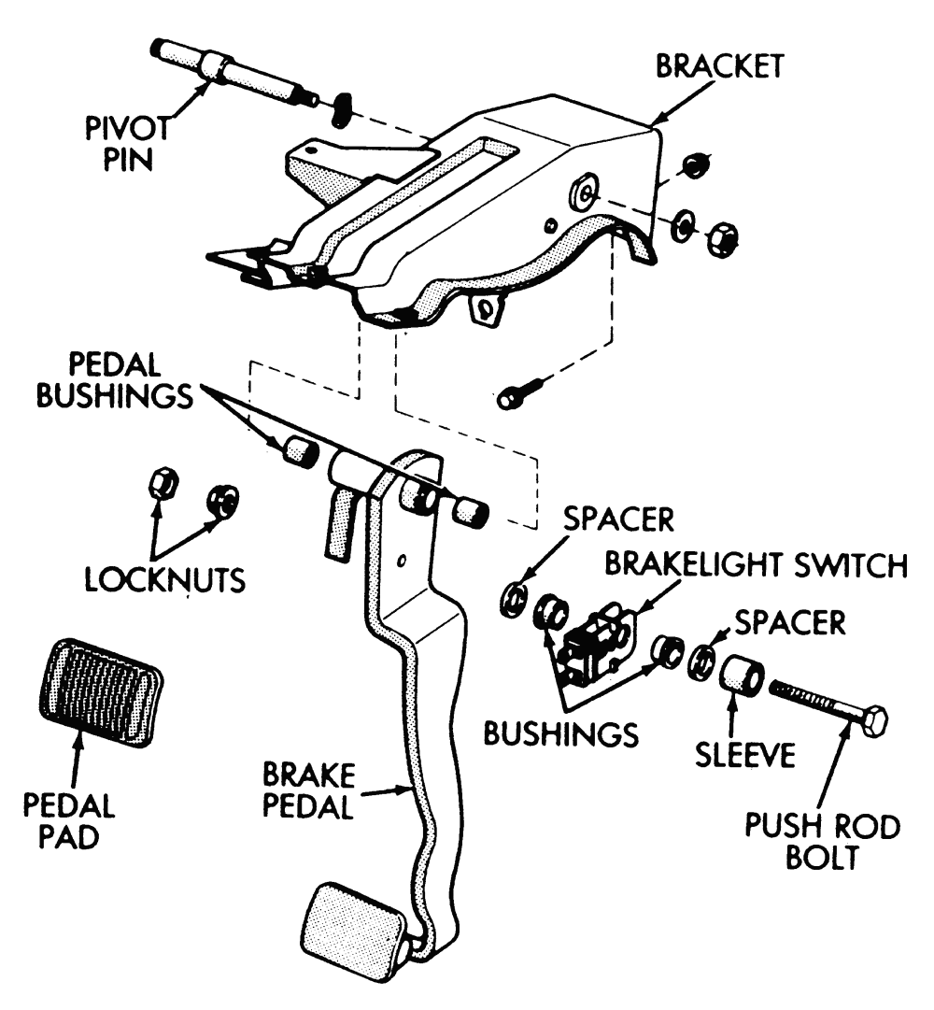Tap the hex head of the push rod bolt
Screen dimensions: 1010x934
[872, 720]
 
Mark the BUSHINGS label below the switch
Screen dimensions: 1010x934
[560, 732]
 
